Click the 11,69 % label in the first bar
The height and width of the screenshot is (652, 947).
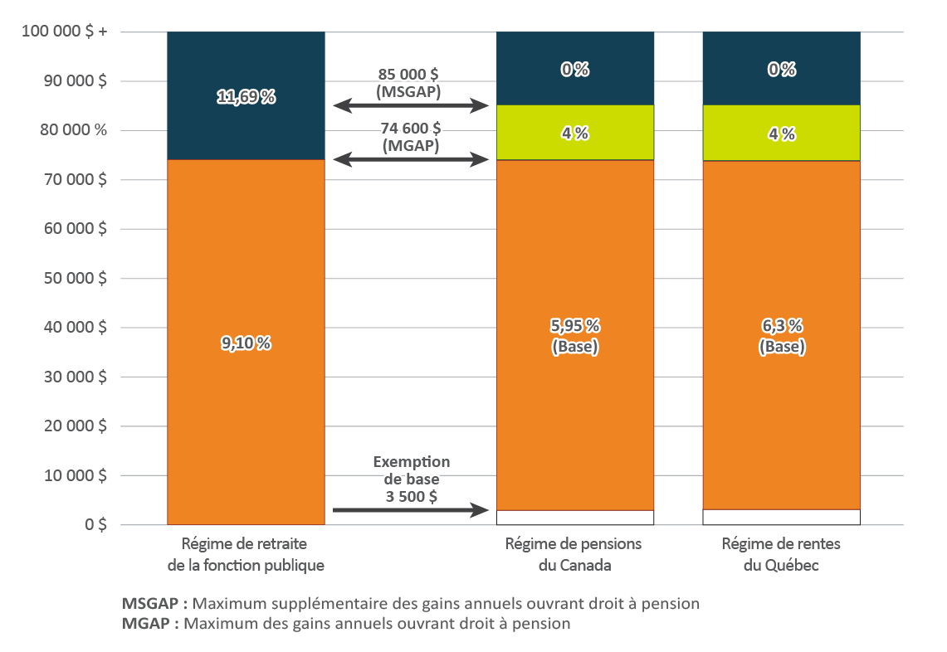246,97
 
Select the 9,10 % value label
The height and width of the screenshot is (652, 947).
246,342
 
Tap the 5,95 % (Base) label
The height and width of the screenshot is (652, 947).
574,336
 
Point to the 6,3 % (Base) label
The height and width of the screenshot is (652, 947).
781,336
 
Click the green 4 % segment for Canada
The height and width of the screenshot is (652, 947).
574,133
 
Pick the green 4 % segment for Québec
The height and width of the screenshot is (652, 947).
781,133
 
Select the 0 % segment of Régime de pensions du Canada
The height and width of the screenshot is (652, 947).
574,70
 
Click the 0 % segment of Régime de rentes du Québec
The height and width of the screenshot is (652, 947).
781,70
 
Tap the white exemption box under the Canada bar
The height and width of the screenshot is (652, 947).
574,517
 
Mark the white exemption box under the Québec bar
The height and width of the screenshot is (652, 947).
781,517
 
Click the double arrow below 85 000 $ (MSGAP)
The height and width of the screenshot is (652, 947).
411,105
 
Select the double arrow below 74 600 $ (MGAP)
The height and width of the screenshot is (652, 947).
411,159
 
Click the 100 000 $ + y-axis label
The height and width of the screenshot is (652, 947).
64,32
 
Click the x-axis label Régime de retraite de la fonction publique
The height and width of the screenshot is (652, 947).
246,555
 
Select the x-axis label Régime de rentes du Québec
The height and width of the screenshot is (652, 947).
781,555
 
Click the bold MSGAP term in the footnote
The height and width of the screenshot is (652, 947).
149,604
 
